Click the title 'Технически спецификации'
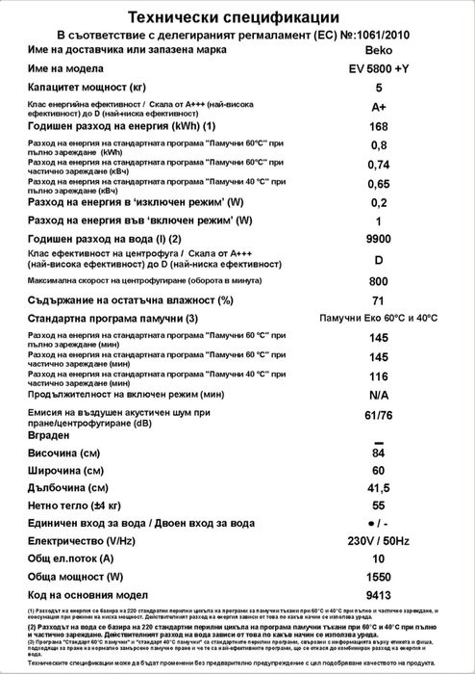coord(237,15)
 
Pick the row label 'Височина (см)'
coord(65,454)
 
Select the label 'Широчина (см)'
coord(66,471)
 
